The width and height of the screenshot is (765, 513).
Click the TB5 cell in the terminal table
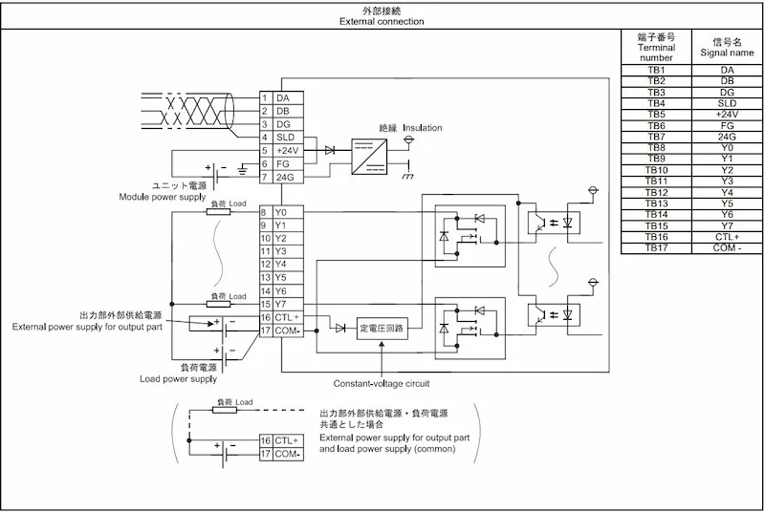[x=656, y=115]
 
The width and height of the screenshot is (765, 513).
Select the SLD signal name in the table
[x=727, y=103]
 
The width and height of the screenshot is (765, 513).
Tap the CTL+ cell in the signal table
[x=727, y=237]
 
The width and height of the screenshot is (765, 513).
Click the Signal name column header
[x=727, y=47]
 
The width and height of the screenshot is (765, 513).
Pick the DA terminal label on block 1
[x=283, y=98]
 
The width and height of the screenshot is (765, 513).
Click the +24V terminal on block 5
[x=288, y=151]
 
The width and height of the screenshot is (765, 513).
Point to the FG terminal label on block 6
[x=282, y=163]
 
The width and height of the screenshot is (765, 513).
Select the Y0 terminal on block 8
[x=280, y=212]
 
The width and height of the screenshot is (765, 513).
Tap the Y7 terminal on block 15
[x=280, y=305]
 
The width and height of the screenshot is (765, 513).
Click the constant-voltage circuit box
[x=382, y=329]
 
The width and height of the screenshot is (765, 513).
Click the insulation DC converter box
[x=369, y=157]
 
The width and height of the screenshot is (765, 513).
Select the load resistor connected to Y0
[x=219, y=212]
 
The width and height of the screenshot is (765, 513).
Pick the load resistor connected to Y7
[x=219, y=305]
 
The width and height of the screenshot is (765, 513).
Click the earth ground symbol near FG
[x=242, y=169]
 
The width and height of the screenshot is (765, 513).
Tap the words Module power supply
[x=163, y=197]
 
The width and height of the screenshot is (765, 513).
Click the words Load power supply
[x=178, y=378]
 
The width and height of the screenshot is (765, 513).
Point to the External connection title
[x=382, y=21]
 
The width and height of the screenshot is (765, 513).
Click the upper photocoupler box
[x=554, y=223]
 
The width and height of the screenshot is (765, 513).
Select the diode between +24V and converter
[x=330, y=151]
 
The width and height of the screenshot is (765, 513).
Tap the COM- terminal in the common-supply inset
[x=288, y=454]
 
